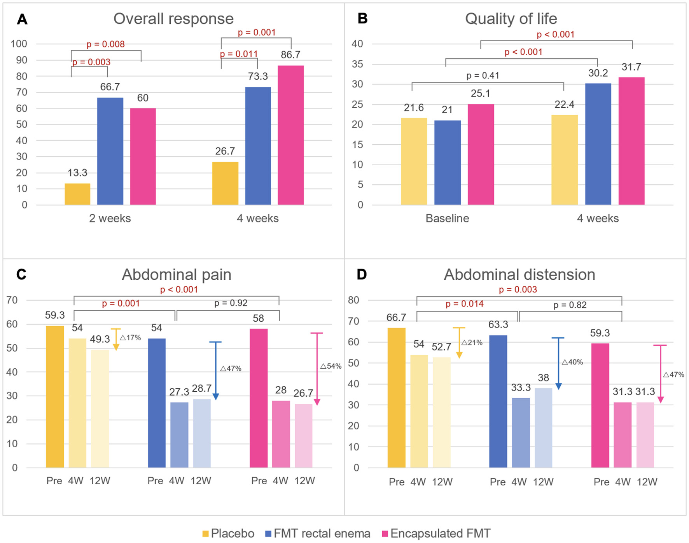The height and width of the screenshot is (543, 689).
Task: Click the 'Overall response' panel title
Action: coord(173,19)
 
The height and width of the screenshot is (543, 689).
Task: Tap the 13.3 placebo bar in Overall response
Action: coord(77,194)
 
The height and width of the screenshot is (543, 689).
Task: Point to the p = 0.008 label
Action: coord(105,44)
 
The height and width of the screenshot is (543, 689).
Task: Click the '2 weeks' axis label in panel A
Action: coord(110,218)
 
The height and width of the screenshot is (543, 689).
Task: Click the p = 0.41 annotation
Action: coord(483,75)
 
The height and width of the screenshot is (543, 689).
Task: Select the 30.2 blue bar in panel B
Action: coord(598,144)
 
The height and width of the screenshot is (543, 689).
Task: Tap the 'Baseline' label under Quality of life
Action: coord(447,218)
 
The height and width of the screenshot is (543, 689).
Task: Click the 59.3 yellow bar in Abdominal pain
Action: coord(55,397)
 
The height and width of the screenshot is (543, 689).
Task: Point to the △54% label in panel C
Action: coord(331,366)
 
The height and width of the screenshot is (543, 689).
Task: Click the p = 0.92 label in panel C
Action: coord(231,303)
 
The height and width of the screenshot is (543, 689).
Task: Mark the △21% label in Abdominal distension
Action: coord(472,342)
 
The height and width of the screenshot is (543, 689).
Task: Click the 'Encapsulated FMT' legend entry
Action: coord(436,533)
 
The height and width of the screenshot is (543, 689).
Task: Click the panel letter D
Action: coord(362,275)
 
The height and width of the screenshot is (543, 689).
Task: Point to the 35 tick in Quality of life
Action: coord(357,64)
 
